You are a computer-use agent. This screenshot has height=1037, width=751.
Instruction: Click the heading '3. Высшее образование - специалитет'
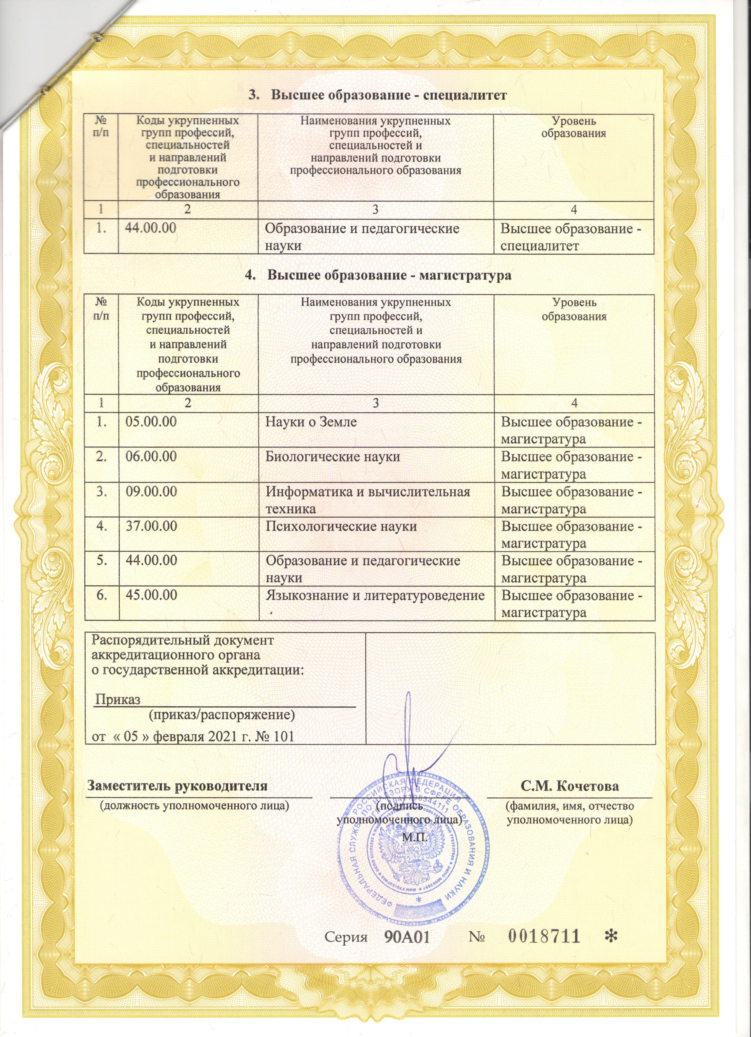tap(378, 95)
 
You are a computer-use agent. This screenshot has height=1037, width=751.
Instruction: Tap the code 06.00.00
tap(152, 456)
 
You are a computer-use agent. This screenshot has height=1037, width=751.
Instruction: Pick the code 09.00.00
tap(152, 492)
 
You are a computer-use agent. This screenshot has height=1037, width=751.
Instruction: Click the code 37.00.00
tap(152, 526)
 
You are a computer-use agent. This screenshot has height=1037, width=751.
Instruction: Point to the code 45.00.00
tap(152, 595)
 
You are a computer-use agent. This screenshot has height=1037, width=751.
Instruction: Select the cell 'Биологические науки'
tap(333, 456)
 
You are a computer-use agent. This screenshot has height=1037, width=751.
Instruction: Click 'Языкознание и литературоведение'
tap(375, 595)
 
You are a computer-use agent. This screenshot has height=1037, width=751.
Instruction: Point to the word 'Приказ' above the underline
tap(118, 712)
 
